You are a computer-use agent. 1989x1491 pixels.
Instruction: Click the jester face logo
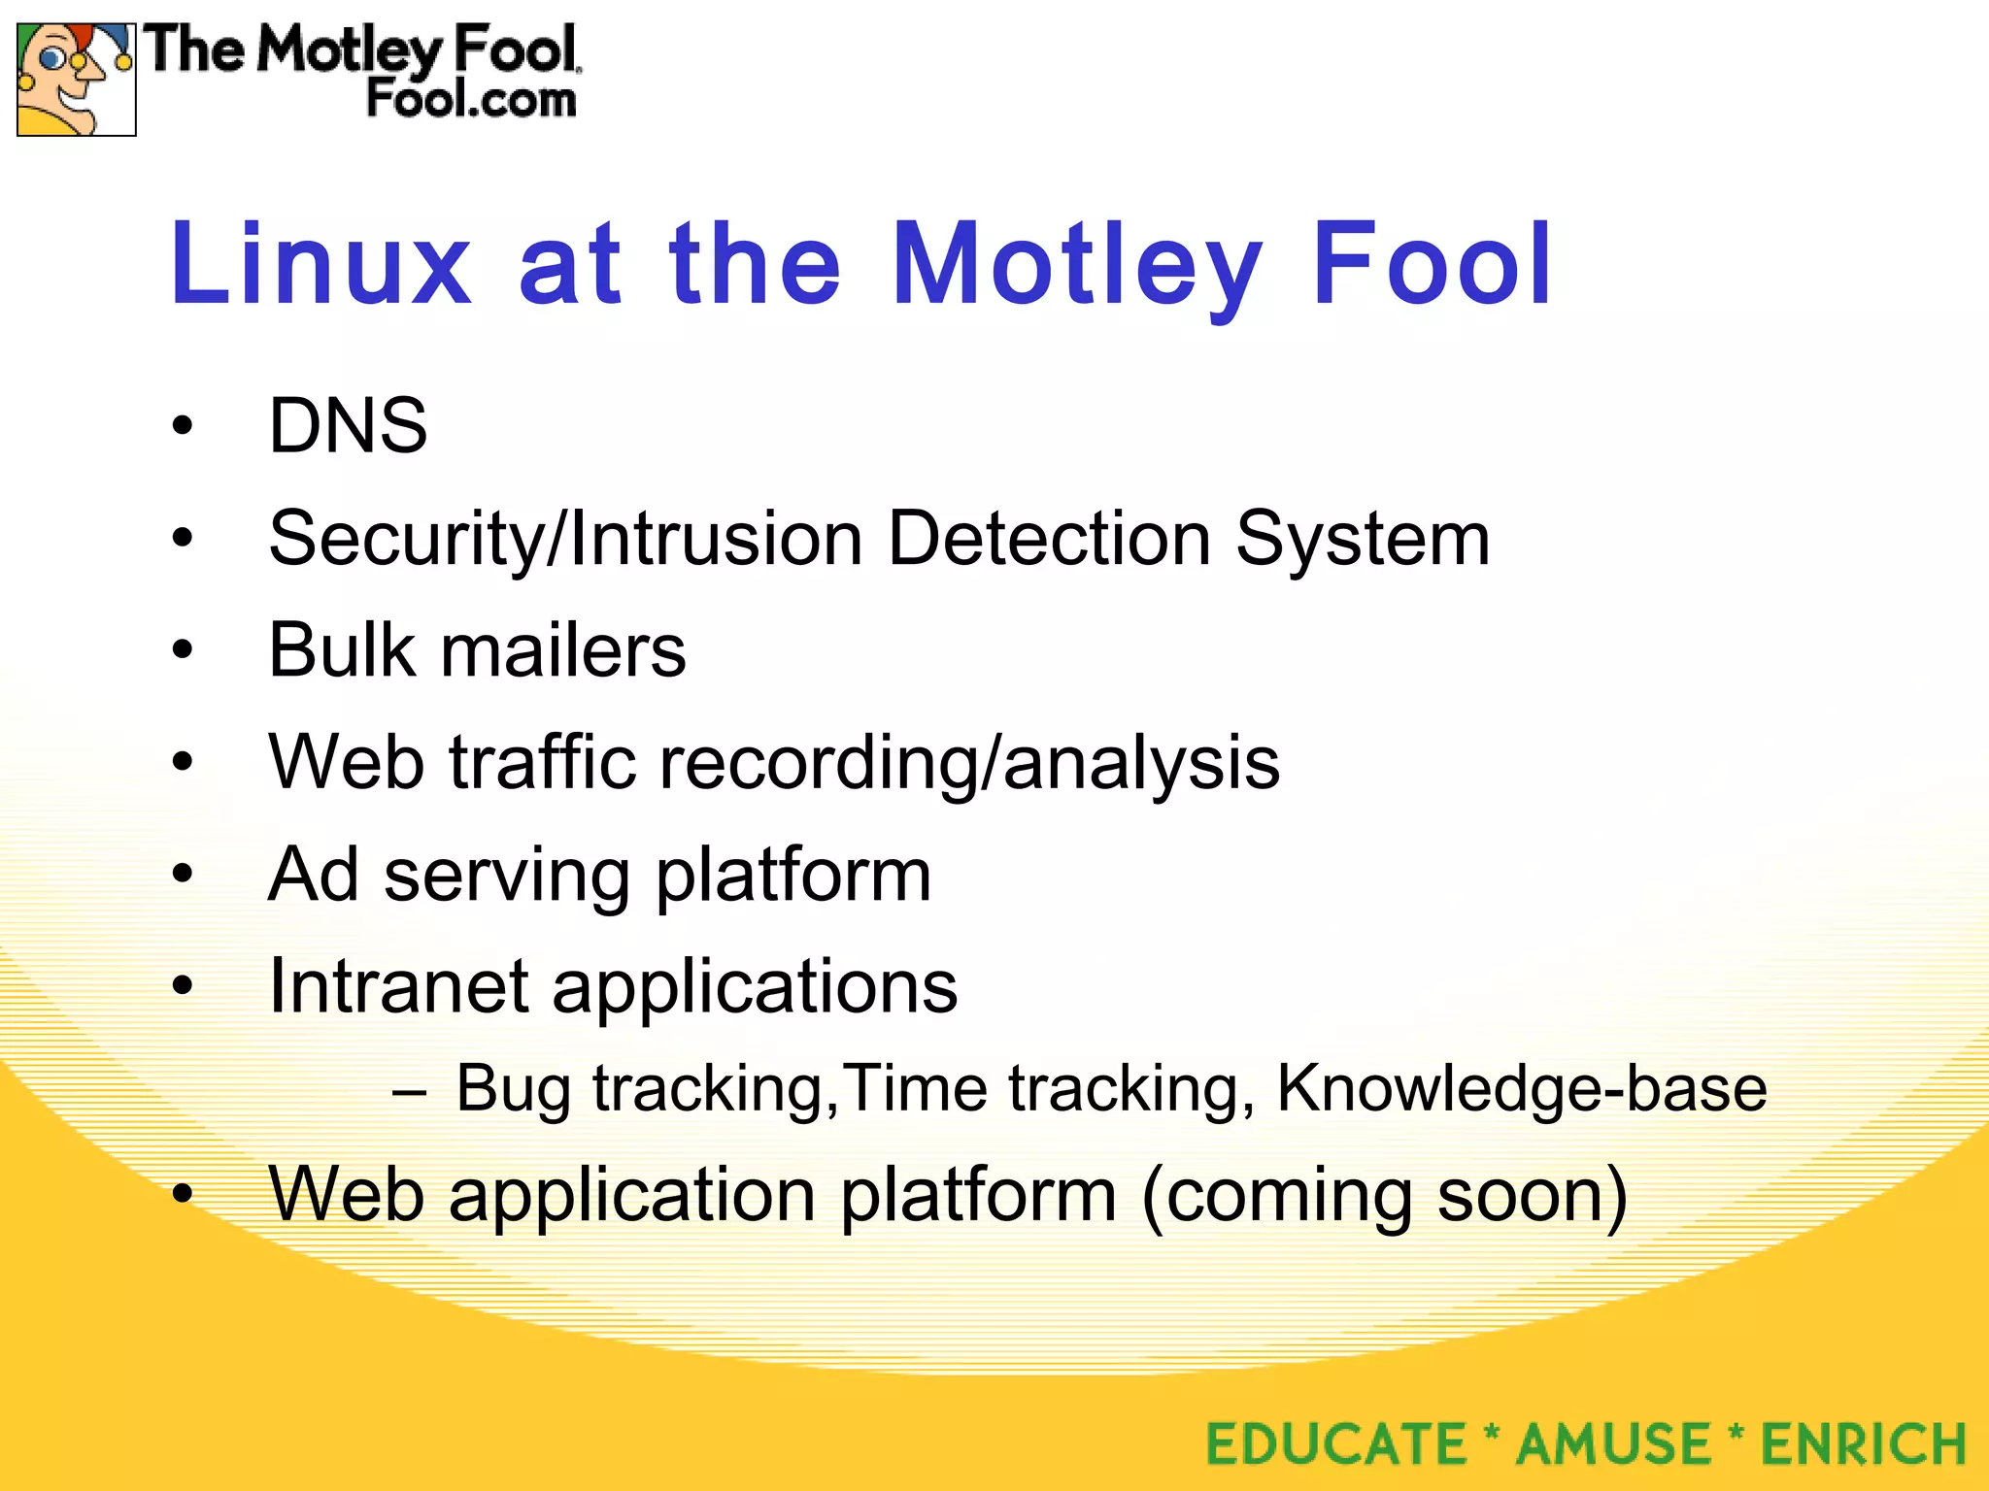point(76,80)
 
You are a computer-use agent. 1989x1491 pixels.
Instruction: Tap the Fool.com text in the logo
point(471,100)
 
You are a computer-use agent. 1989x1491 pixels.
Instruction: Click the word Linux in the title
point(320,264)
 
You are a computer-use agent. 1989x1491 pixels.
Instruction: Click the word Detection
point(1048,538)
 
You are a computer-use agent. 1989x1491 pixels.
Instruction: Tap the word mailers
point(563,649)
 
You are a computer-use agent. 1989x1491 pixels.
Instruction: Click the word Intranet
point(398,986)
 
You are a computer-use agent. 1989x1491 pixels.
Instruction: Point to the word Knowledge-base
point(1521,1088)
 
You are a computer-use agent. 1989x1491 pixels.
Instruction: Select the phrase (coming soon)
point(1384,1196)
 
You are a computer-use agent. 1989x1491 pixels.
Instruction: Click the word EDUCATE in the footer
point(1335,1443)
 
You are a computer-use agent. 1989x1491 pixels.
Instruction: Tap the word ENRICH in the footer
point(1863,1443)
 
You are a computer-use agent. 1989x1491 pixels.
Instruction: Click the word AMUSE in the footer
point(1613,1443)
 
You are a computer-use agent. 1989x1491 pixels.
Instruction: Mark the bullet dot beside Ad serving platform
point(183,874)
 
